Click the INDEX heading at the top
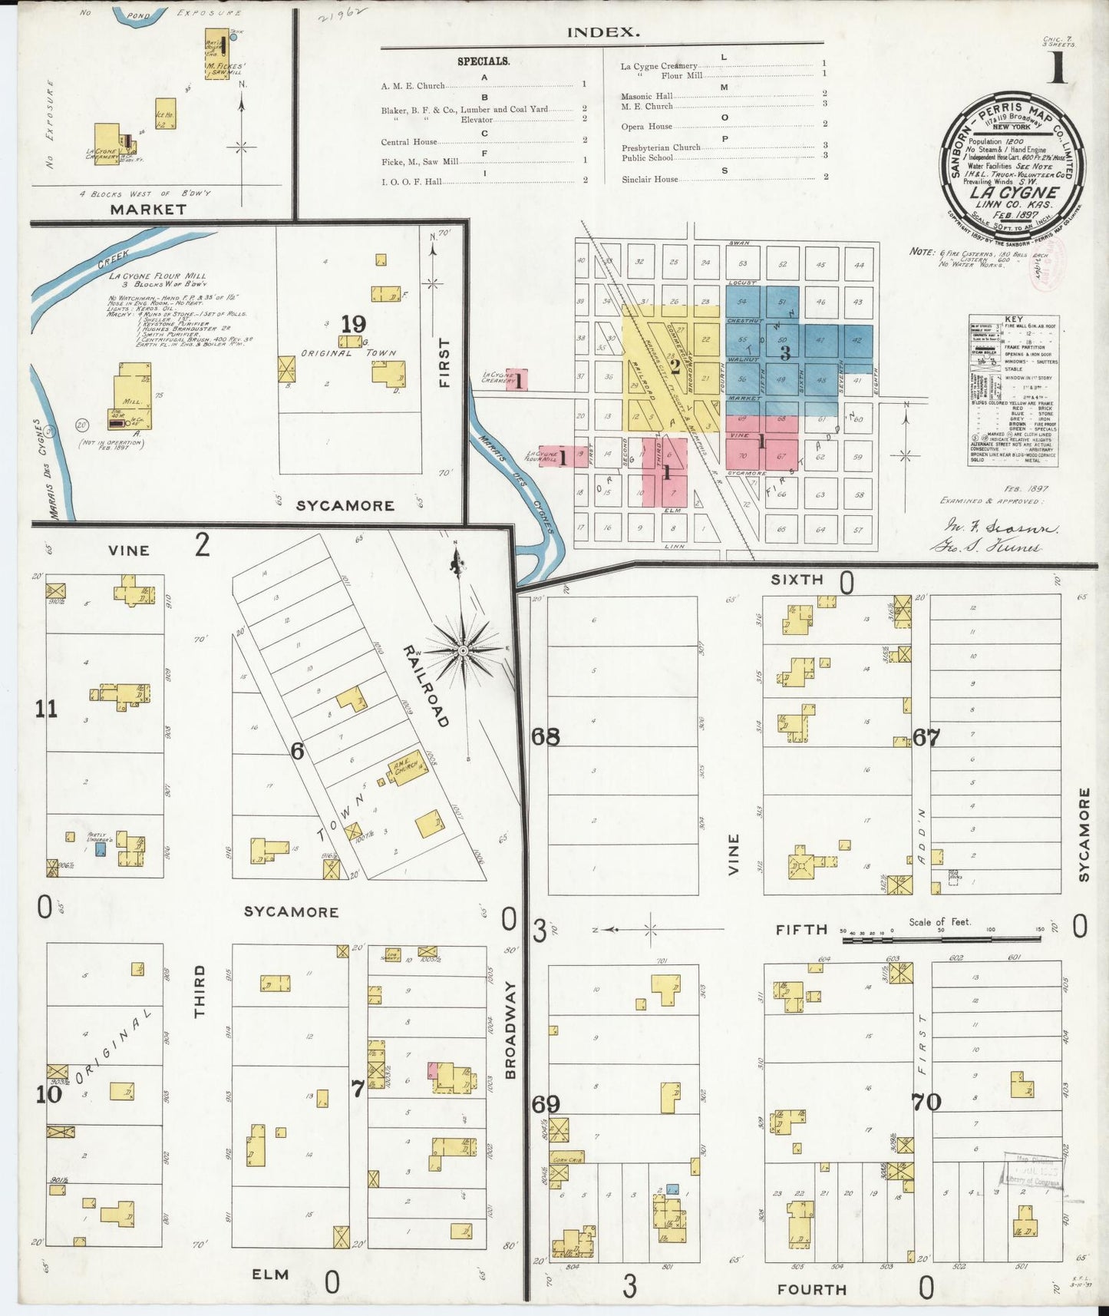[602, 32]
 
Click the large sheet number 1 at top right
[1058, 70]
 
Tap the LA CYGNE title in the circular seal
[1013, 192]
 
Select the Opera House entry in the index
[647, 127]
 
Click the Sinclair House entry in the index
[650, 179]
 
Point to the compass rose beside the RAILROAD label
[463, 650]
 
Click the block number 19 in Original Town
[354, 323]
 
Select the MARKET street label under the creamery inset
[147, 209]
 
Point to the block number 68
[546, 736]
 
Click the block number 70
[926, 1102]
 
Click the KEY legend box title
[1013, 319]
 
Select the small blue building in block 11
[100, 850]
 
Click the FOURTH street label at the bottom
[812, 1289]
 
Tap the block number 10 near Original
[48, 1094]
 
